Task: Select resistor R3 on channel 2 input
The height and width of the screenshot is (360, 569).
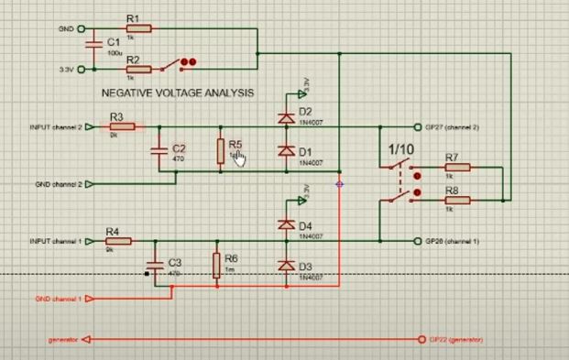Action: (120, 127)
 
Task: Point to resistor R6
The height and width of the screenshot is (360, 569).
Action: (216, 265)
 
